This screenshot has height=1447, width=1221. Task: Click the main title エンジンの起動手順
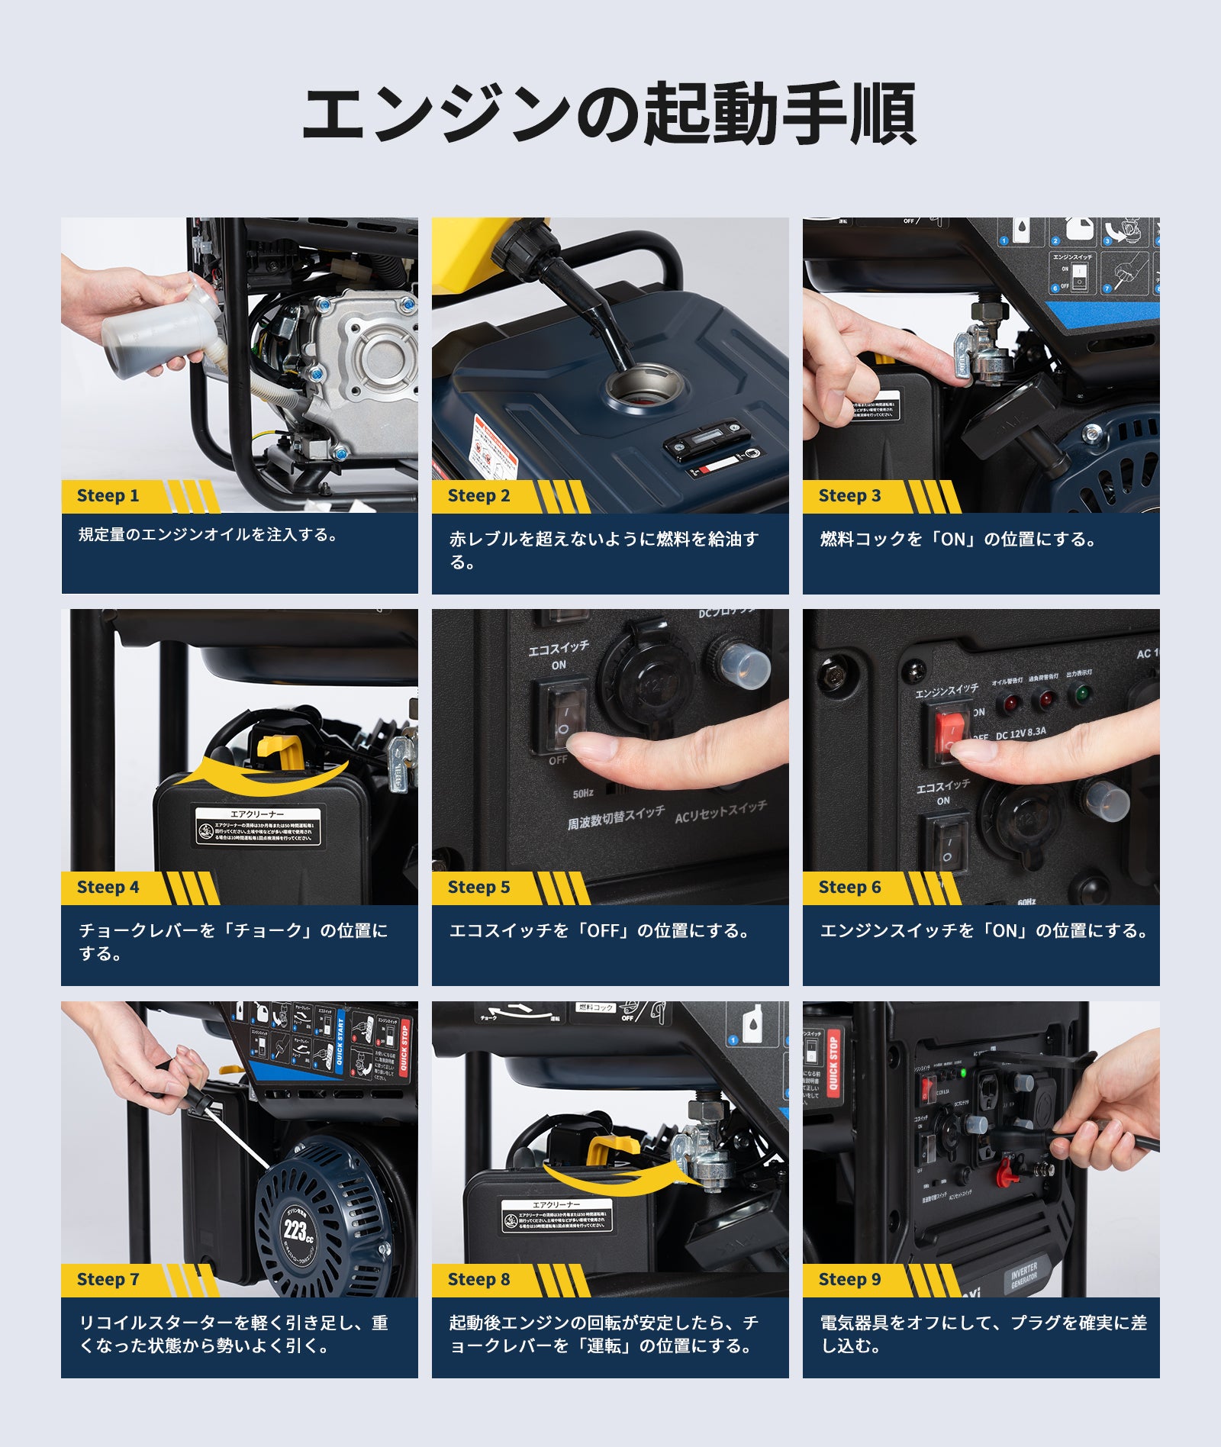pyautogui.click(x=609, y=114)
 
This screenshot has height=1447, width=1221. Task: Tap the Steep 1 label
pyautogui.click(x=108, y=496)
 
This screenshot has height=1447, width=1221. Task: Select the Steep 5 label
pyautogui.click(x=478, y=888)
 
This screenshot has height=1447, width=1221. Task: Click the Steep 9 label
pyautogui.click(x=849, y=1279)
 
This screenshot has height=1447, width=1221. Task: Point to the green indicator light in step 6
pyautogui.click(x=1081, y=694)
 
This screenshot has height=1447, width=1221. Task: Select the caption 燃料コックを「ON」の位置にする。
pyautogui.click(x=958, y=540)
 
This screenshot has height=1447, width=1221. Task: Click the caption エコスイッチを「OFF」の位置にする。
pyautogui.click(x=599, y=931)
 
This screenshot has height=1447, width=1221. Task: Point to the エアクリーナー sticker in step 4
pyautogui.click(x=258, y=827)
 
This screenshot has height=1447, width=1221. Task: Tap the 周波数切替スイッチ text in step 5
pyautogui.click(x=615, y=818)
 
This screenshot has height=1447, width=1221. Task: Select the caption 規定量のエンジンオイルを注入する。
pyautogui.click(x=208, y=535)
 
